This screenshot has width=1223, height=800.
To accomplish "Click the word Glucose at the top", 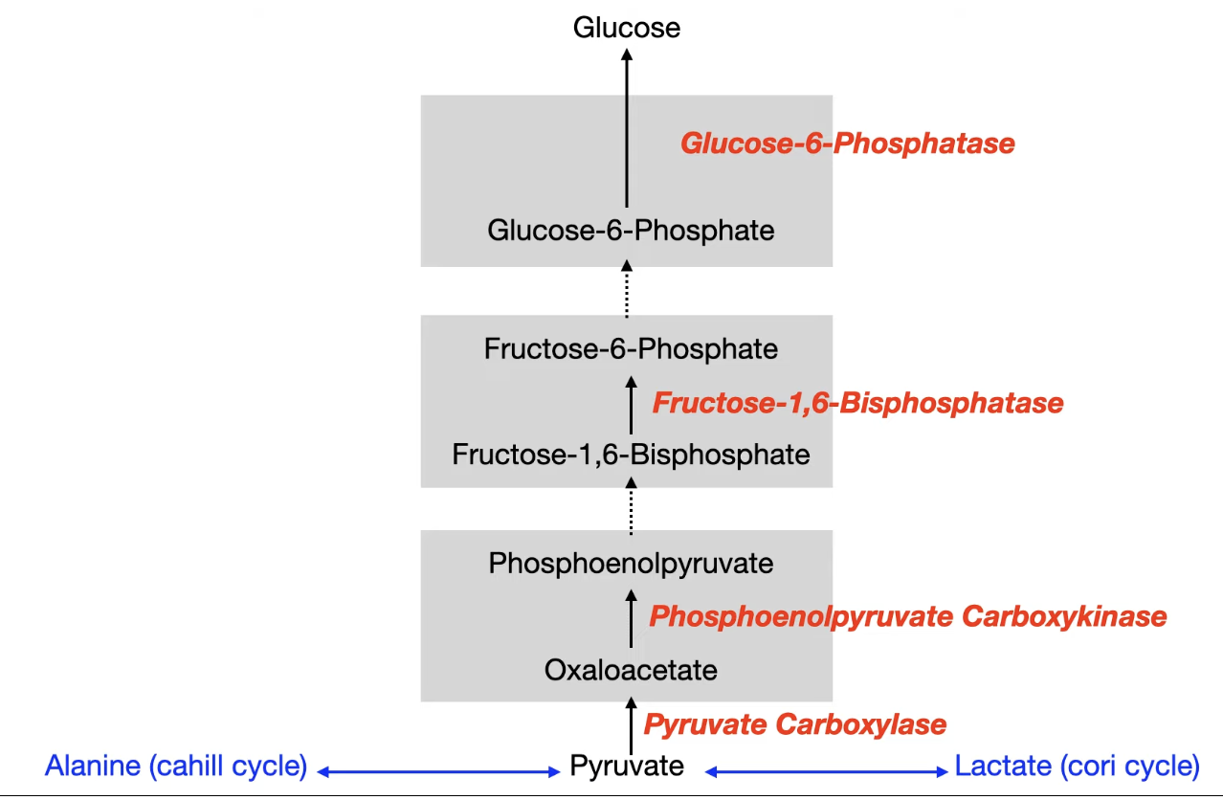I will [x=627, y=27].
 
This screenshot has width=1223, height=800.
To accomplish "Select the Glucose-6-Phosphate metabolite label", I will [x=631, y=231].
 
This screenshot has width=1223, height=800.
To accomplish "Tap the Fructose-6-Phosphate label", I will [x=631, y=349].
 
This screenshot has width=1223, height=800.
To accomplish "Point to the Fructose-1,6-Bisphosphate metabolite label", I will [x=631, y=454].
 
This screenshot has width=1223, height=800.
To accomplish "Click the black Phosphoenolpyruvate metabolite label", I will [x=631, y=564].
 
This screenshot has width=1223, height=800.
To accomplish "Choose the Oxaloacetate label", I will [x=631, y=670].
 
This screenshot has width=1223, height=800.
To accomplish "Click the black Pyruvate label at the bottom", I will [x=627, y=766].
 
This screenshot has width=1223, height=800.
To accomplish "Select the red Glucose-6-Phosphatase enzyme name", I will [x=847, y=144].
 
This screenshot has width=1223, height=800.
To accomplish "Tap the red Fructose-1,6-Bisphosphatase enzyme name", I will [x=857, y=403].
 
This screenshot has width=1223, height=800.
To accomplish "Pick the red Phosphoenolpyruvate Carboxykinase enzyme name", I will [x=907, y=616].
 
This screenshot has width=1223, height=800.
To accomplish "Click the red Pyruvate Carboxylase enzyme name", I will [x=794, y=724].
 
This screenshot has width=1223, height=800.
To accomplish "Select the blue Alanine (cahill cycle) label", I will [x=176, y=766].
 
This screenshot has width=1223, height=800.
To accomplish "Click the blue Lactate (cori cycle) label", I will [x=1077, y=766].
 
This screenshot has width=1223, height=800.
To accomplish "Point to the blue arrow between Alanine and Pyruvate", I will [x=439, y=770].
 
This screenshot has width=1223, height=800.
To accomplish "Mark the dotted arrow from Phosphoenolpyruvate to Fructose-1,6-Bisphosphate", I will [x=631, y=506].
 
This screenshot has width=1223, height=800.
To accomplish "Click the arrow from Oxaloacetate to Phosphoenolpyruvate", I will [x=631, y=618].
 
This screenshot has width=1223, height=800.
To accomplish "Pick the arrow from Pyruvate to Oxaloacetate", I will [x=631, y=726].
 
